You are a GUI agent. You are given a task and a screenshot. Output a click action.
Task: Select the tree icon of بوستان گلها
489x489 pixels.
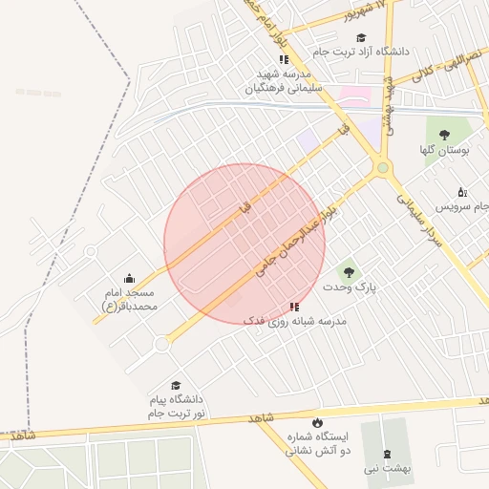coord(444,135)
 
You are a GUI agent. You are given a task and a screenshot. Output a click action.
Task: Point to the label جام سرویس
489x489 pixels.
coord(461,206)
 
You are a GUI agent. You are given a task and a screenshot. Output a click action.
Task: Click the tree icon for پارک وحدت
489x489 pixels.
coord(347,272)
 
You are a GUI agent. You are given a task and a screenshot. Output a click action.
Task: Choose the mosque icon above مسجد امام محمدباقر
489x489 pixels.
coord(129,278)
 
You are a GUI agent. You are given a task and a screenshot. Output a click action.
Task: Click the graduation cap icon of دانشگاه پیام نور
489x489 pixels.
coord(175,385)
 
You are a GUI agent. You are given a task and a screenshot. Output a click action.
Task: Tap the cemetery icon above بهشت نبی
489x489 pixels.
coord(387,454)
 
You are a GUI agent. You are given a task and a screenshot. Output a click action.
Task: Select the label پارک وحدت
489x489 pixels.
coord(345,287)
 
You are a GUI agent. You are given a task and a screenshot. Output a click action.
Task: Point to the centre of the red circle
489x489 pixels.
coord(244,244)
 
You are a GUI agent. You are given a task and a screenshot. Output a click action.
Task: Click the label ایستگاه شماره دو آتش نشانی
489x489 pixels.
coord(318,442)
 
